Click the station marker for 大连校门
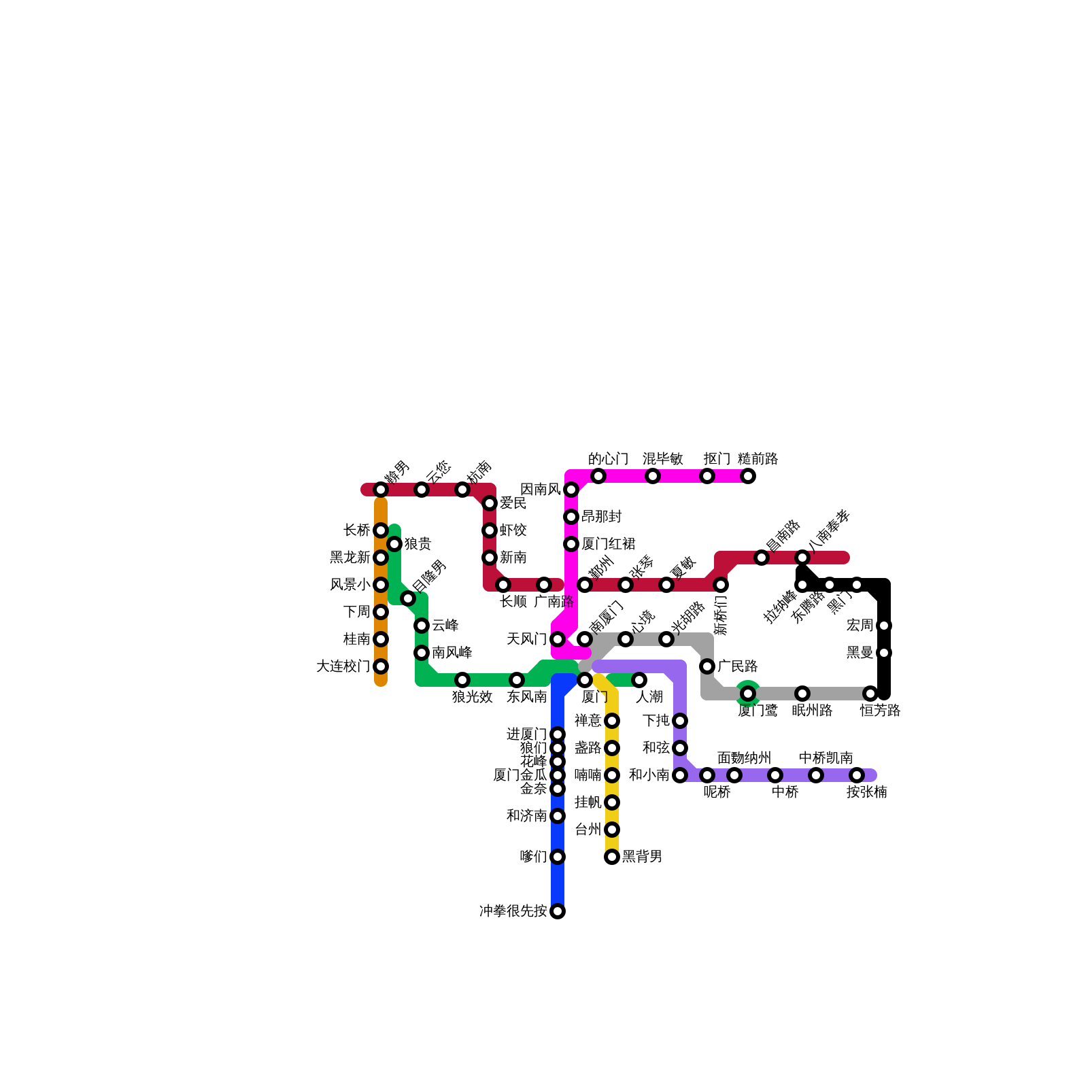(381, 666)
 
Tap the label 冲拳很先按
(513, 911)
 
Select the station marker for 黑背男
(612, 857)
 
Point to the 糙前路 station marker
(748, 476)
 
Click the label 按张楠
(866, 792)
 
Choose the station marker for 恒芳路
(870, 694)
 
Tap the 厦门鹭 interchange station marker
(748, 694)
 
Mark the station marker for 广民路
(707, 666)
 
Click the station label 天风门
(526, 639)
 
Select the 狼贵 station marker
(394, 544)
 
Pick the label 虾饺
(513, 530)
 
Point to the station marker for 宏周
(884, 626)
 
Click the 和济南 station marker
(558, 816)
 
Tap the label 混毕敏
(662, 459)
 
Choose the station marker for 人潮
(639, 680)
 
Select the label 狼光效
(472, 697)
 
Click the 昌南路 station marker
(762, 558)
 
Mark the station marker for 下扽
(680, 721)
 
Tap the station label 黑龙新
(350, 558)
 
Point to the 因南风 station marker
(571, 490)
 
